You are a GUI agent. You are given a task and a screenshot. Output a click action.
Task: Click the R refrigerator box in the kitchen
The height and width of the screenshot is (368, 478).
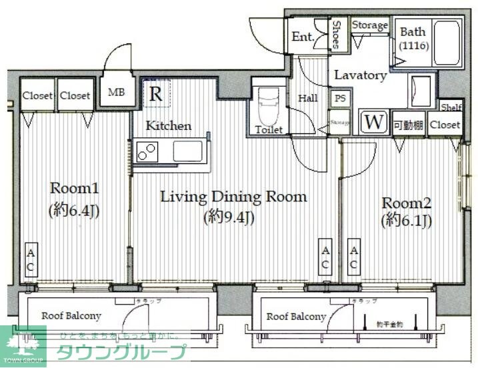tap(155, 94)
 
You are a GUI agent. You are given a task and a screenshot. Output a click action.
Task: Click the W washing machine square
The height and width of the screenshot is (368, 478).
tap(373, 123)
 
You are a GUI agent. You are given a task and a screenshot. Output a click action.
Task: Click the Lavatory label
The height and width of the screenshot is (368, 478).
tap(360, 75)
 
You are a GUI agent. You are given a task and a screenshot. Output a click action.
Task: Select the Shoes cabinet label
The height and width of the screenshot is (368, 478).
tap(337, 34)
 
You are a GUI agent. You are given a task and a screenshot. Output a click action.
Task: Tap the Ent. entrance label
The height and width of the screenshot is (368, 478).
tap(303, 37)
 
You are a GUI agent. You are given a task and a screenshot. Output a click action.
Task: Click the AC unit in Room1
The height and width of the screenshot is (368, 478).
tap(31, 260)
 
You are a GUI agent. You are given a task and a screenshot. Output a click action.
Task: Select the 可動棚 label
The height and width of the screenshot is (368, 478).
tap(407, 125)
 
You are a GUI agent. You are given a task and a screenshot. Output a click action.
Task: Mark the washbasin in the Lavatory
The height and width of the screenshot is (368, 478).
tap(421, 89)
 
